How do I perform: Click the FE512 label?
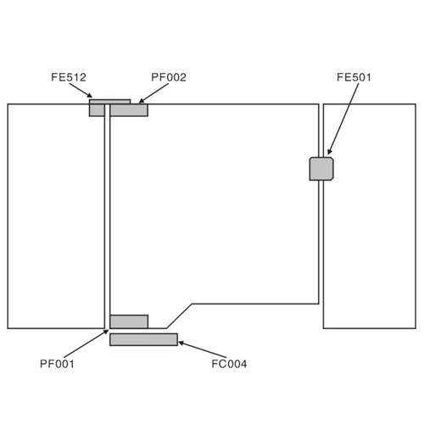point(69,77)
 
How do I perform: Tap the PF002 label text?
point(169,77)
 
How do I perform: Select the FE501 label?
point(354,77)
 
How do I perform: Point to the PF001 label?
point(57,364)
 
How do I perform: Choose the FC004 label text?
point(229,364)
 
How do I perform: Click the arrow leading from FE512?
point(81,91)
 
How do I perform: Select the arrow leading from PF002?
point(153,93)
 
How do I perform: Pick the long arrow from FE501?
point(343,119)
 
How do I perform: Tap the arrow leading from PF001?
point(86,343)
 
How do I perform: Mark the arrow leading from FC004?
point(202,349)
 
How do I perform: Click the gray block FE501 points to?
point(321,169)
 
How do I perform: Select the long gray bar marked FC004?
point(143,339)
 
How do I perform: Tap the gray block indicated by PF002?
point(129,110)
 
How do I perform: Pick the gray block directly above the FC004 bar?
point(129,321)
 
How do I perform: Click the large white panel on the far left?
point(56,216)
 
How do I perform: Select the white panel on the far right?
point(370,216)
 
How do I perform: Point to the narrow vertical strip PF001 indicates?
point(107,216)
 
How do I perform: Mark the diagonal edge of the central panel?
point(180,316)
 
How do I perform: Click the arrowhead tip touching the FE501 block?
point(328,154)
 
